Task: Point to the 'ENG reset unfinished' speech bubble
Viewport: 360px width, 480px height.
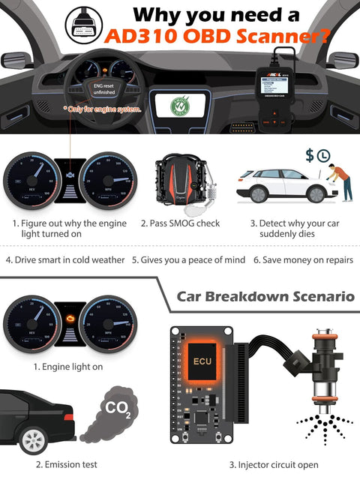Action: [103, 93]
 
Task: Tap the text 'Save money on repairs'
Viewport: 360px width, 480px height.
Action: [303, 260]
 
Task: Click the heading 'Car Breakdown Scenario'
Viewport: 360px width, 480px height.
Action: [265, 295]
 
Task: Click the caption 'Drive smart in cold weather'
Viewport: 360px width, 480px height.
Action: [64, 260]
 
